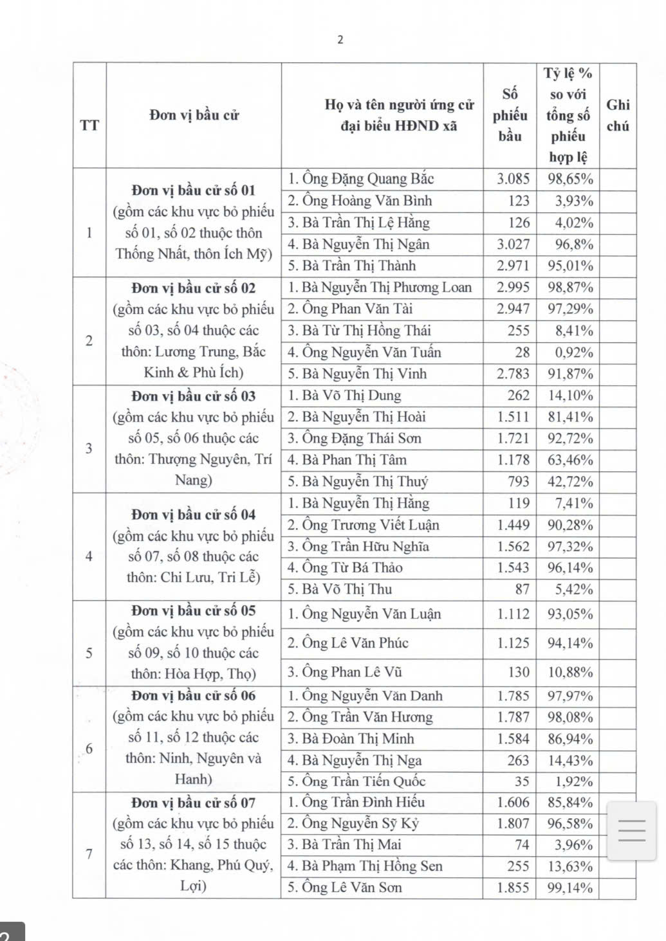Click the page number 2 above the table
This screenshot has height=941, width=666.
[340, 40]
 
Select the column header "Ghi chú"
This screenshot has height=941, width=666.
[618, 115]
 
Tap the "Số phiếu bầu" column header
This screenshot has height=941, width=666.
[510, 115]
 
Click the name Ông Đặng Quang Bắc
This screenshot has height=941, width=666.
[360, 179]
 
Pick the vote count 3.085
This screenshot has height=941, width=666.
[513, 179]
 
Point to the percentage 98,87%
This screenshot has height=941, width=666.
[570, 288]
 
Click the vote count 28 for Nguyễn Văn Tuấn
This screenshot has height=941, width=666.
[522, 352]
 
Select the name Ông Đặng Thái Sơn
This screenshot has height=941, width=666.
[354, 439]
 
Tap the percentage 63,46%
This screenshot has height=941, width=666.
[570, 461]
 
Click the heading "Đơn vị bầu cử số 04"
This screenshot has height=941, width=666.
[193, 515]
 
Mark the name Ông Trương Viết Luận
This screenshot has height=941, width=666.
[363, 525]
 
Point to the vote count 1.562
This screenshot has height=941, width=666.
[513, 547]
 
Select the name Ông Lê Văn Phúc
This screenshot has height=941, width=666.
[347, 643]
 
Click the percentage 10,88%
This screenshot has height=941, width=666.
[570, 672]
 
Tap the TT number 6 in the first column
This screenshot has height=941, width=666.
[89, 749]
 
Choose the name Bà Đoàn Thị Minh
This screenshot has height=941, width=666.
[350, 739]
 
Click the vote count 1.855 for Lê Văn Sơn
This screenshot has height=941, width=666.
[513, 888]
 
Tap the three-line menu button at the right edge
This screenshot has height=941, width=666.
[631, 830]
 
